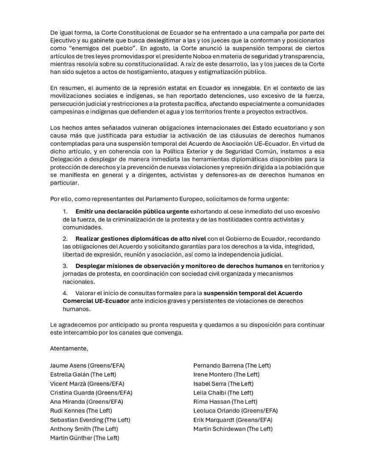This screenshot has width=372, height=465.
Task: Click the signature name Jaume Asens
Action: (x=68, y=365)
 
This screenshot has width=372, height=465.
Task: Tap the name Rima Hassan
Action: (x=212, y=402)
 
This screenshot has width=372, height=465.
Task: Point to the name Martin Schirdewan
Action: (x=219, y=429)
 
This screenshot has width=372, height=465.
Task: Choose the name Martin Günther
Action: (x=71, y=438)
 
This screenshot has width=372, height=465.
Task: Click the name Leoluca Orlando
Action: (x=216, y=411)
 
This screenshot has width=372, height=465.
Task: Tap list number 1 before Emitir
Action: (x=65, y=211)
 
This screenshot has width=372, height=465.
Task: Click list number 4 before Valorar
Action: (x=65, y=293)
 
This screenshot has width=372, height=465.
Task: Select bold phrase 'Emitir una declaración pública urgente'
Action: (x=132, y=211)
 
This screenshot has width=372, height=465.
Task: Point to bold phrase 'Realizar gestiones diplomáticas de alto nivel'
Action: (x=140, y=238)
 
